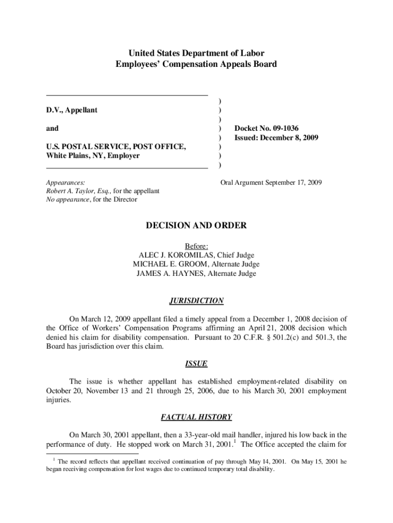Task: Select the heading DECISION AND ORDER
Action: click(196, 225)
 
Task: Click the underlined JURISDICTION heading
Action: click(196, 301)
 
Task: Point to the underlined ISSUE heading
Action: click(196, 364)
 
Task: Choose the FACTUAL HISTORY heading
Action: click(196, 417)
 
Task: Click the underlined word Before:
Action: click(196, 246)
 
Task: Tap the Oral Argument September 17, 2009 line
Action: click(271, 182)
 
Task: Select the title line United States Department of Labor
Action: click(196, 53)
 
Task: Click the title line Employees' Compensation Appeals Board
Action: click(196, 64)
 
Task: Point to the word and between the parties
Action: click(52, 128)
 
